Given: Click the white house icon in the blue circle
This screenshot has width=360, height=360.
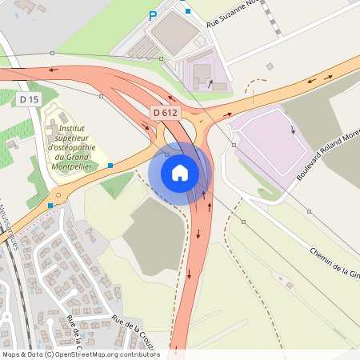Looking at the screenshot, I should click(x=180, y=172).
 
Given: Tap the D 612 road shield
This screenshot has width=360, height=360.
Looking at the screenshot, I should click(x=164, y=113).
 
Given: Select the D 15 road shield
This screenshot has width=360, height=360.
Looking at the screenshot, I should click(x=29, y=99).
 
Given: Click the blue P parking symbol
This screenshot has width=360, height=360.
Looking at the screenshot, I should click(x=153, y=15).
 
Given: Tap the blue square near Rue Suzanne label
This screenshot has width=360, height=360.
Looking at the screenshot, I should click(x=188, y=11).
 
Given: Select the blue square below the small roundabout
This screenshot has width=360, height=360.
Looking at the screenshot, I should click(x=50, y=206).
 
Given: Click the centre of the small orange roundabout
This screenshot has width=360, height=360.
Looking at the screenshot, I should click(x=58, y=194).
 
